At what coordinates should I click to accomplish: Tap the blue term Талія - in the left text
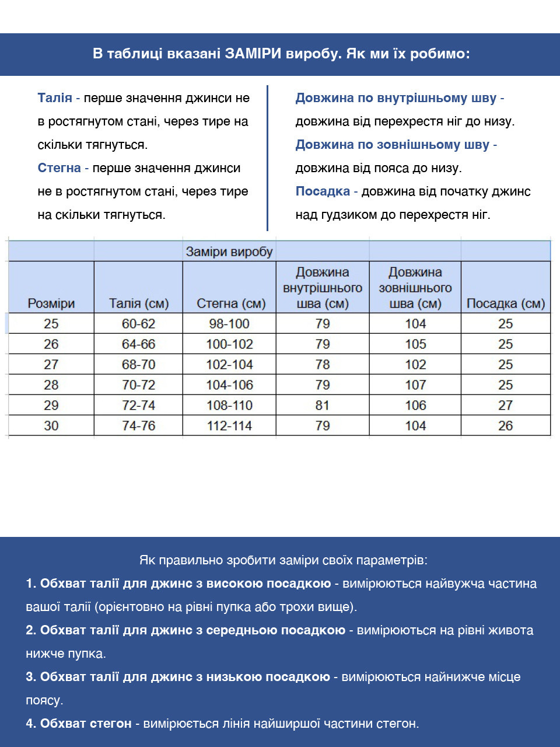pos(58,98)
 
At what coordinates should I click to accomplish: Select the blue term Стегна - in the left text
pos(63,168)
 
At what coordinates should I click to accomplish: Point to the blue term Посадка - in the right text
pos(326,191)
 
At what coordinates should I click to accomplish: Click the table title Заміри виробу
pos(229,252)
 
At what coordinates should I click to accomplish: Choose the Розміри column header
pos(51,303)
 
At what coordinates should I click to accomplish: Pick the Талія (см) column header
pos(138,303)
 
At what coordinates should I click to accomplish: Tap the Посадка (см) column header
pos(505,303)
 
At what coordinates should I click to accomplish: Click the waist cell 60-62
pos(138,324)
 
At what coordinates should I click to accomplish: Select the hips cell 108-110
pos(229,406)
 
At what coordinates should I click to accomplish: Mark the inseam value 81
pos(322,406)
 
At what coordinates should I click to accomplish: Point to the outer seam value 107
pos(415,385)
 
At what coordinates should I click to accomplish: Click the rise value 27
pos(505,406)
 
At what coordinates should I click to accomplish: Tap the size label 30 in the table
pos(51,426)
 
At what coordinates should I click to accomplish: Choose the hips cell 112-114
pos(229,426)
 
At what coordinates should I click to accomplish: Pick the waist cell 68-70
pos(138,365)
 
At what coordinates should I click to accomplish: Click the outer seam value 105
pos(415,344)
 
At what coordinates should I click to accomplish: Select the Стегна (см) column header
pos(231,303)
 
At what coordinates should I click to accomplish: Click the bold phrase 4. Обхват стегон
pos(79,724)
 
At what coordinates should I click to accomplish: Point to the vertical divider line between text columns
pos(267,158)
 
